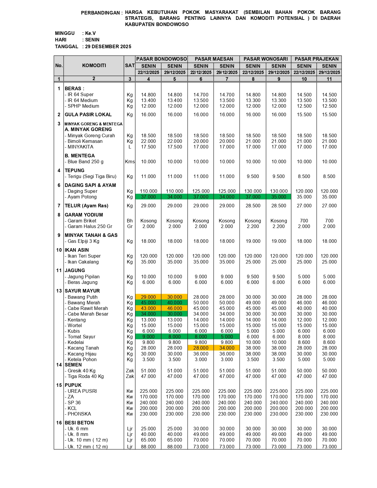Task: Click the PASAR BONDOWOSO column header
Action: click(x=161, y=59)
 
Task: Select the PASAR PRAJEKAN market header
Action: click(x=316, y=59)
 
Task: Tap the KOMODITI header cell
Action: click(x=94, y=65)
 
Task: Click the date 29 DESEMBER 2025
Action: click(x=108, y=46)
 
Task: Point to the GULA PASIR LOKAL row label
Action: click(x=88, y=114)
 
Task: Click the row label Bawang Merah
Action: click(x=84, y=303)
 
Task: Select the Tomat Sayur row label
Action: click(x=81, y=337)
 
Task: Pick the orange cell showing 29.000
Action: click(x=148, y=297)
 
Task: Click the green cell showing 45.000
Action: click(x=148, y=303)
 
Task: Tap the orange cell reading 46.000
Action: click(x=174, y=308)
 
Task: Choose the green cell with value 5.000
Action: click(x=227, y=337)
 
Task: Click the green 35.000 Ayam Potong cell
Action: click(x=279, y=197)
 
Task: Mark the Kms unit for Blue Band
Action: click(x=130, y=161)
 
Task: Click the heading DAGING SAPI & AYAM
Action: click(x=90, y=185)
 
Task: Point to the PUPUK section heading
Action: click(x=73, y=385)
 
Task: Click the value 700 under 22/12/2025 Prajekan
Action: click(x=304, y=221)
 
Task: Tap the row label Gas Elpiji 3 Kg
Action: click(x=83, y=241)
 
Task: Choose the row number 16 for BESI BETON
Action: click(x=59, y=423)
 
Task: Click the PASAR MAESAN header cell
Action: click(x=214, y=59)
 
